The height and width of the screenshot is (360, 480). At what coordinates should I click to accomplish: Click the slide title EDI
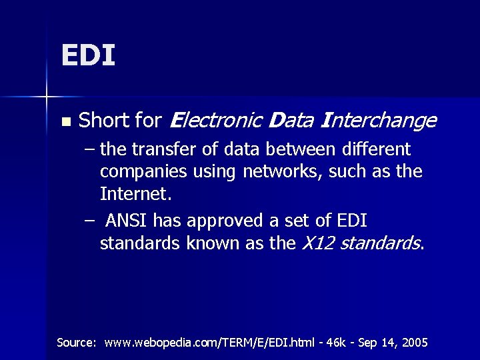[88, 55]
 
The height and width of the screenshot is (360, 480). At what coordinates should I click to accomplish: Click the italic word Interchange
[379, 121]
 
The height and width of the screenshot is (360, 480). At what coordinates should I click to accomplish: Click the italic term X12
[319, 244]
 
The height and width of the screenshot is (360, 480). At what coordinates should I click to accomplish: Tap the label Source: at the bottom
[77, 343]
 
